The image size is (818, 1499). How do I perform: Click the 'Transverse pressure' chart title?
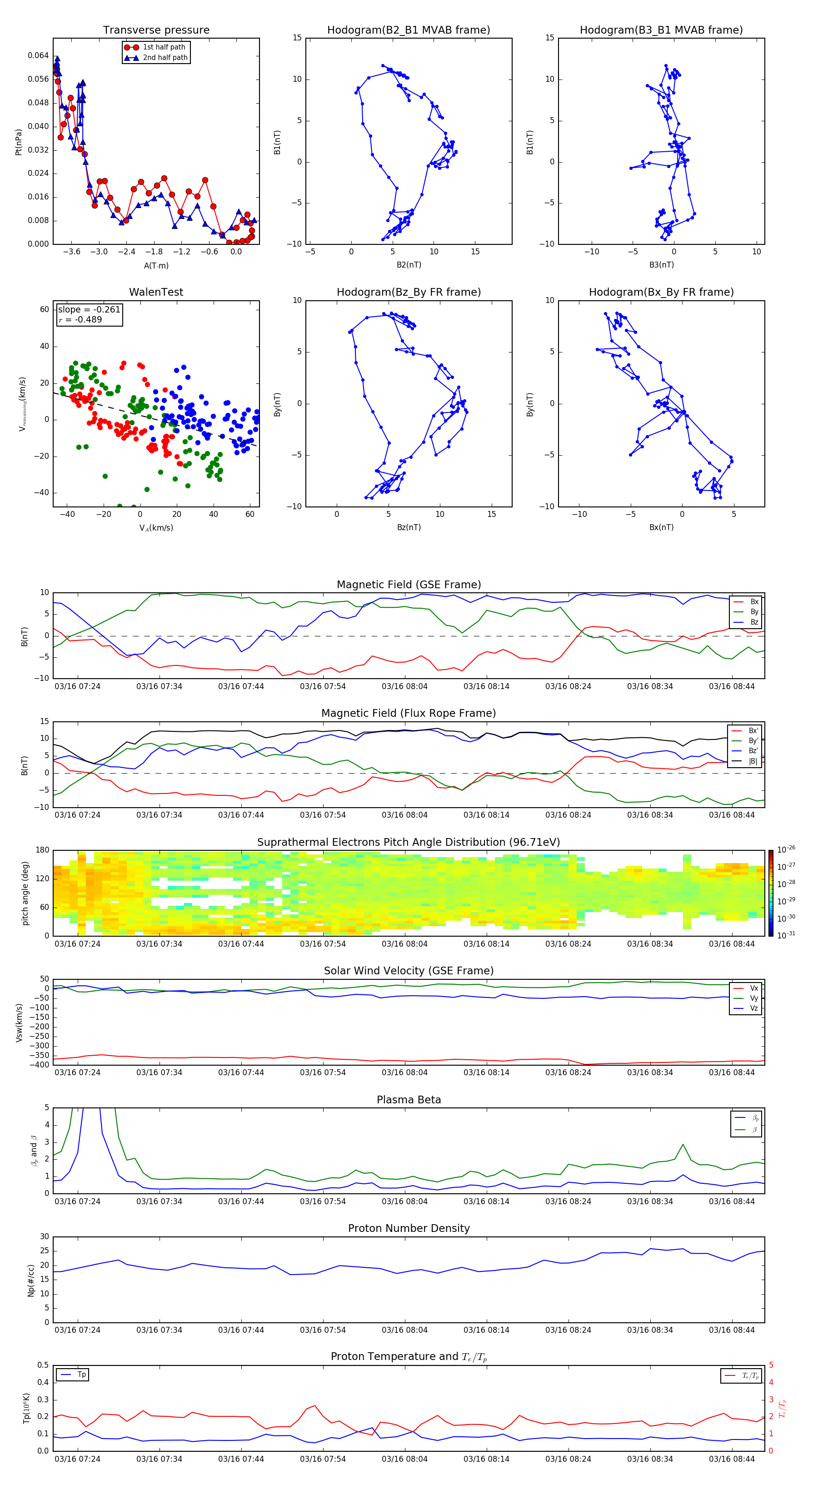click(156, 30)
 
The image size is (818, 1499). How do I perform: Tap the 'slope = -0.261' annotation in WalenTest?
click(89, 310)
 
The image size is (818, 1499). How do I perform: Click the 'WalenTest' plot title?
click(156, 292)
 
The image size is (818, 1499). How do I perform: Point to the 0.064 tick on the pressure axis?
click(39, 56)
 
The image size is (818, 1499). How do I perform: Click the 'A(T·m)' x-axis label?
click(156, 266)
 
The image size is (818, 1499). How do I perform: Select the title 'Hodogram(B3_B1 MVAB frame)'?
click(661, 30)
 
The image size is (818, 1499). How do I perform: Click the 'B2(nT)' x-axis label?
click(409, 265)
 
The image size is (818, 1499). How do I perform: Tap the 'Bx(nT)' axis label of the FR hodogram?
click(661, 527)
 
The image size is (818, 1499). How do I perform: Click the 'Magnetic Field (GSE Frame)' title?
click(409, 585)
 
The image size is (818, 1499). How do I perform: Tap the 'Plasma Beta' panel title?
click(409, 1100)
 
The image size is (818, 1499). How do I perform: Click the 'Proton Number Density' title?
click(409, 1228)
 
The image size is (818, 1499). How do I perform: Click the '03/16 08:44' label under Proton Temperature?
click(731, 1459)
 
